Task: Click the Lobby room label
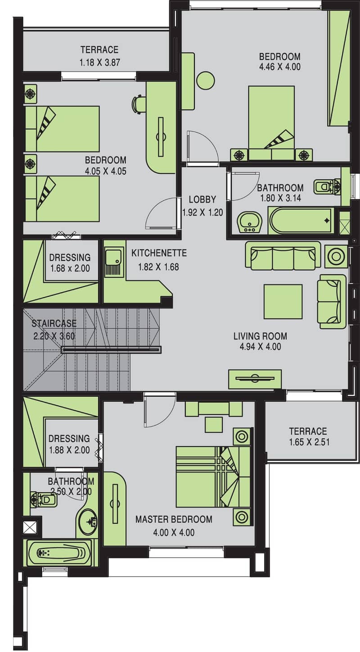pos(202,199)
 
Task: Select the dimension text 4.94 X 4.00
pos(260,347)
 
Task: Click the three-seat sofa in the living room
pos(283,255)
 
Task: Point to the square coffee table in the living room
pos(283,302)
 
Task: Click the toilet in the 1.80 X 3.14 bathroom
pos(327,186)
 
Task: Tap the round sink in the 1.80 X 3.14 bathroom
pos(249,222)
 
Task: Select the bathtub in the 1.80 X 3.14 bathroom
pos(301,221)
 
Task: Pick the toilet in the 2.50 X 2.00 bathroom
pos(44,499)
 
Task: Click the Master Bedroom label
pos(174,519)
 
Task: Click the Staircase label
pos(54,323)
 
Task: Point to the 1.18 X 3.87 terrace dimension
pos(100,62)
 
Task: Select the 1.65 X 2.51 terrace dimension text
pos(310,442)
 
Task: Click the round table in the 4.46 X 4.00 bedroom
pos(206,81)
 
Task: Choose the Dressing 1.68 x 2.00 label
pos(70,263)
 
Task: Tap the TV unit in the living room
pos(255,379)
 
